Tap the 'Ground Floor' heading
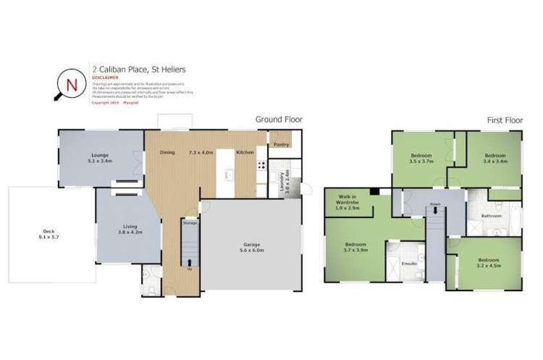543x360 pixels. [278, 120]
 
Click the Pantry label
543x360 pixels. [281, 145]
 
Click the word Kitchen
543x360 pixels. [244, 153]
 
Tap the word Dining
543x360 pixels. [168, 153]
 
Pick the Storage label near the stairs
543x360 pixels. [189, 224]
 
